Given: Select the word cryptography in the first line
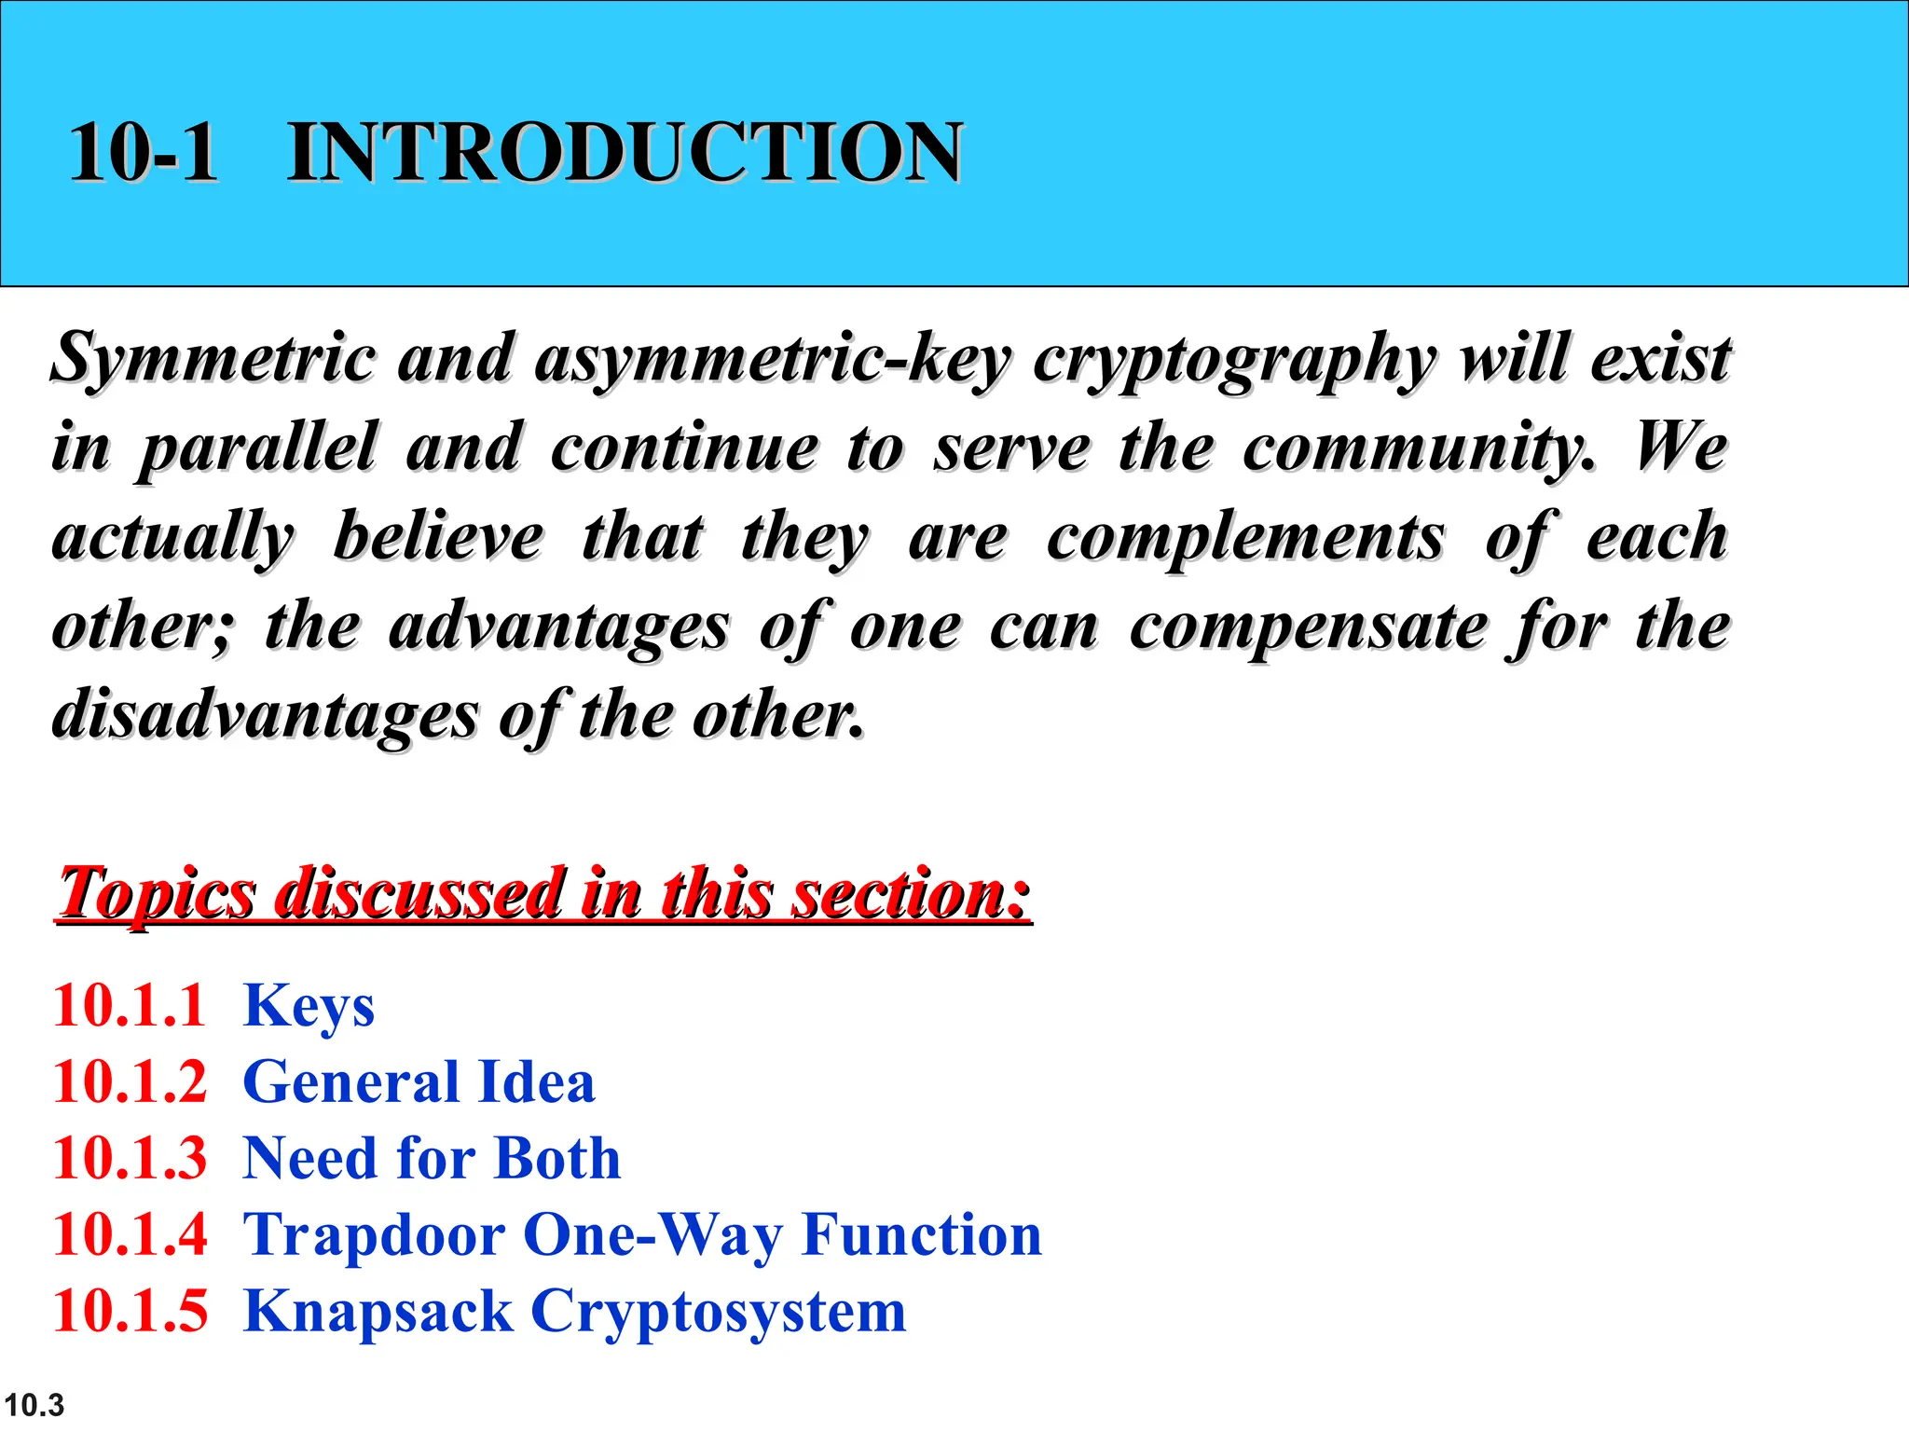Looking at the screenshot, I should tap(1235, 360).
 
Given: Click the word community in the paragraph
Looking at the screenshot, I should tap(1417, 447).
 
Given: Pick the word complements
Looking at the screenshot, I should tap(1245, 537).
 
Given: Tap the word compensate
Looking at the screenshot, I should tap(1309, 626).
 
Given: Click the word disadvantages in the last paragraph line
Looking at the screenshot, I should tap(265, 716).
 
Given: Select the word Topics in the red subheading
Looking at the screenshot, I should tap(157, 893).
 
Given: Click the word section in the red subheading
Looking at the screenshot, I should tap(910, 893).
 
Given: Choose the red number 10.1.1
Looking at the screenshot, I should tap(129, 1005).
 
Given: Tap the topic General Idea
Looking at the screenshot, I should tap(419, 1081).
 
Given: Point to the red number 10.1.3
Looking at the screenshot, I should tap(130, 1158).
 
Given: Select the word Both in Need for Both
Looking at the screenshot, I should tap(557, 1158).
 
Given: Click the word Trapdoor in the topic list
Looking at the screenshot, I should tap(374, 1235).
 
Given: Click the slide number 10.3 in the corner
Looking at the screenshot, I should tap(34, 1404).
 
